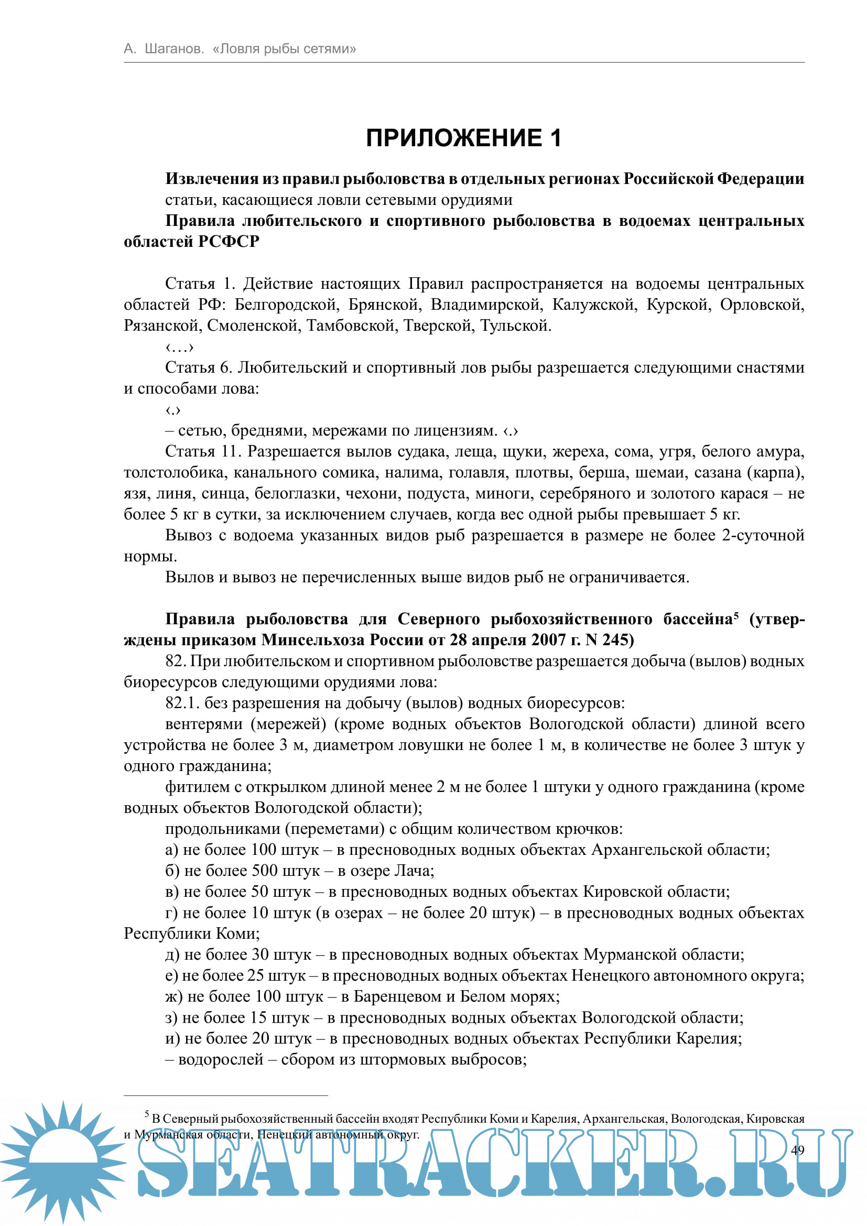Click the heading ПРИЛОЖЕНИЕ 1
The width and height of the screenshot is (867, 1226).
(x=463, y=138)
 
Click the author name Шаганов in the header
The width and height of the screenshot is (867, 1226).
(x=174, y=49)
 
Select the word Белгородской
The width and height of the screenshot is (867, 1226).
(x=286, y=305)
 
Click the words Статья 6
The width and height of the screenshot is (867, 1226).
(x=198, y=367)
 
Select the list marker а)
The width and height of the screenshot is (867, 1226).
(x=171, y=850)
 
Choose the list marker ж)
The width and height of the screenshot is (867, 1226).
(x=174, y=996)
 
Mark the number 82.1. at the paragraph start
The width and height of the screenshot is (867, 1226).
(x=182, y=703)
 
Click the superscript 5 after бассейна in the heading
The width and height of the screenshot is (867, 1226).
(x=735, y=615)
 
